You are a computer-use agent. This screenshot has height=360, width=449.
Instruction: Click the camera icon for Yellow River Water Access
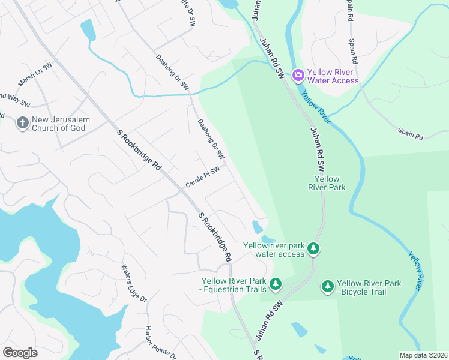[x=298, y=76]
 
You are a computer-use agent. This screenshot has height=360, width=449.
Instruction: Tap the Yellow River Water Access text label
[x=333, y=76]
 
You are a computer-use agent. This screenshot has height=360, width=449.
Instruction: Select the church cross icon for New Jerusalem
[x=22, y=124]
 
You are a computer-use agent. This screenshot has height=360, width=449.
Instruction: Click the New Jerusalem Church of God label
[x=61, y=124]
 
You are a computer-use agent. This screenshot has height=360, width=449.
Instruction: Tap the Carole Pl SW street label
[x=202, y=178]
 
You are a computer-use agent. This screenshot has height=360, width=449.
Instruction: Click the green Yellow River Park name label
[x=327, y=183]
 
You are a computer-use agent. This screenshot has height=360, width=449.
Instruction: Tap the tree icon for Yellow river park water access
[x=313, y=248]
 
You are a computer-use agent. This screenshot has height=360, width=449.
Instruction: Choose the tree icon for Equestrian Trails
[x=275, y=283]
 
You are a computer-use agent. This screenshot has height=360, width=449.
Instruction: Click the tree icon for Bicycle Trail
[x=328, y=287]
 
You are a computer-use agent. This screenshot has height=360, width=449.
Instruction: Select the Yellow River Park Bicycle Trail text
[x=369, y=287]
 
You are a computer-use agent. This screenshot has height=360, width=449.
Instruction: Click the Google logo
[x=20, y=353]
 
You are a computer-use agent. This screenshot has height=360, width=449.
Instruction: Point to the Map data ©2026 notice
[x=423, y=355]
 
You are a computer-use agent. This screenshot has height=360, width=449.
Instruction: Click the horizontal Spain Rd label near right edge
[x=411, y=134]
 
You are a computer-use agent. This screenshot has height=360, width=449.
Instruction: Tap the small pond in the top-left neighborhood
[x=88, y=29]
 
